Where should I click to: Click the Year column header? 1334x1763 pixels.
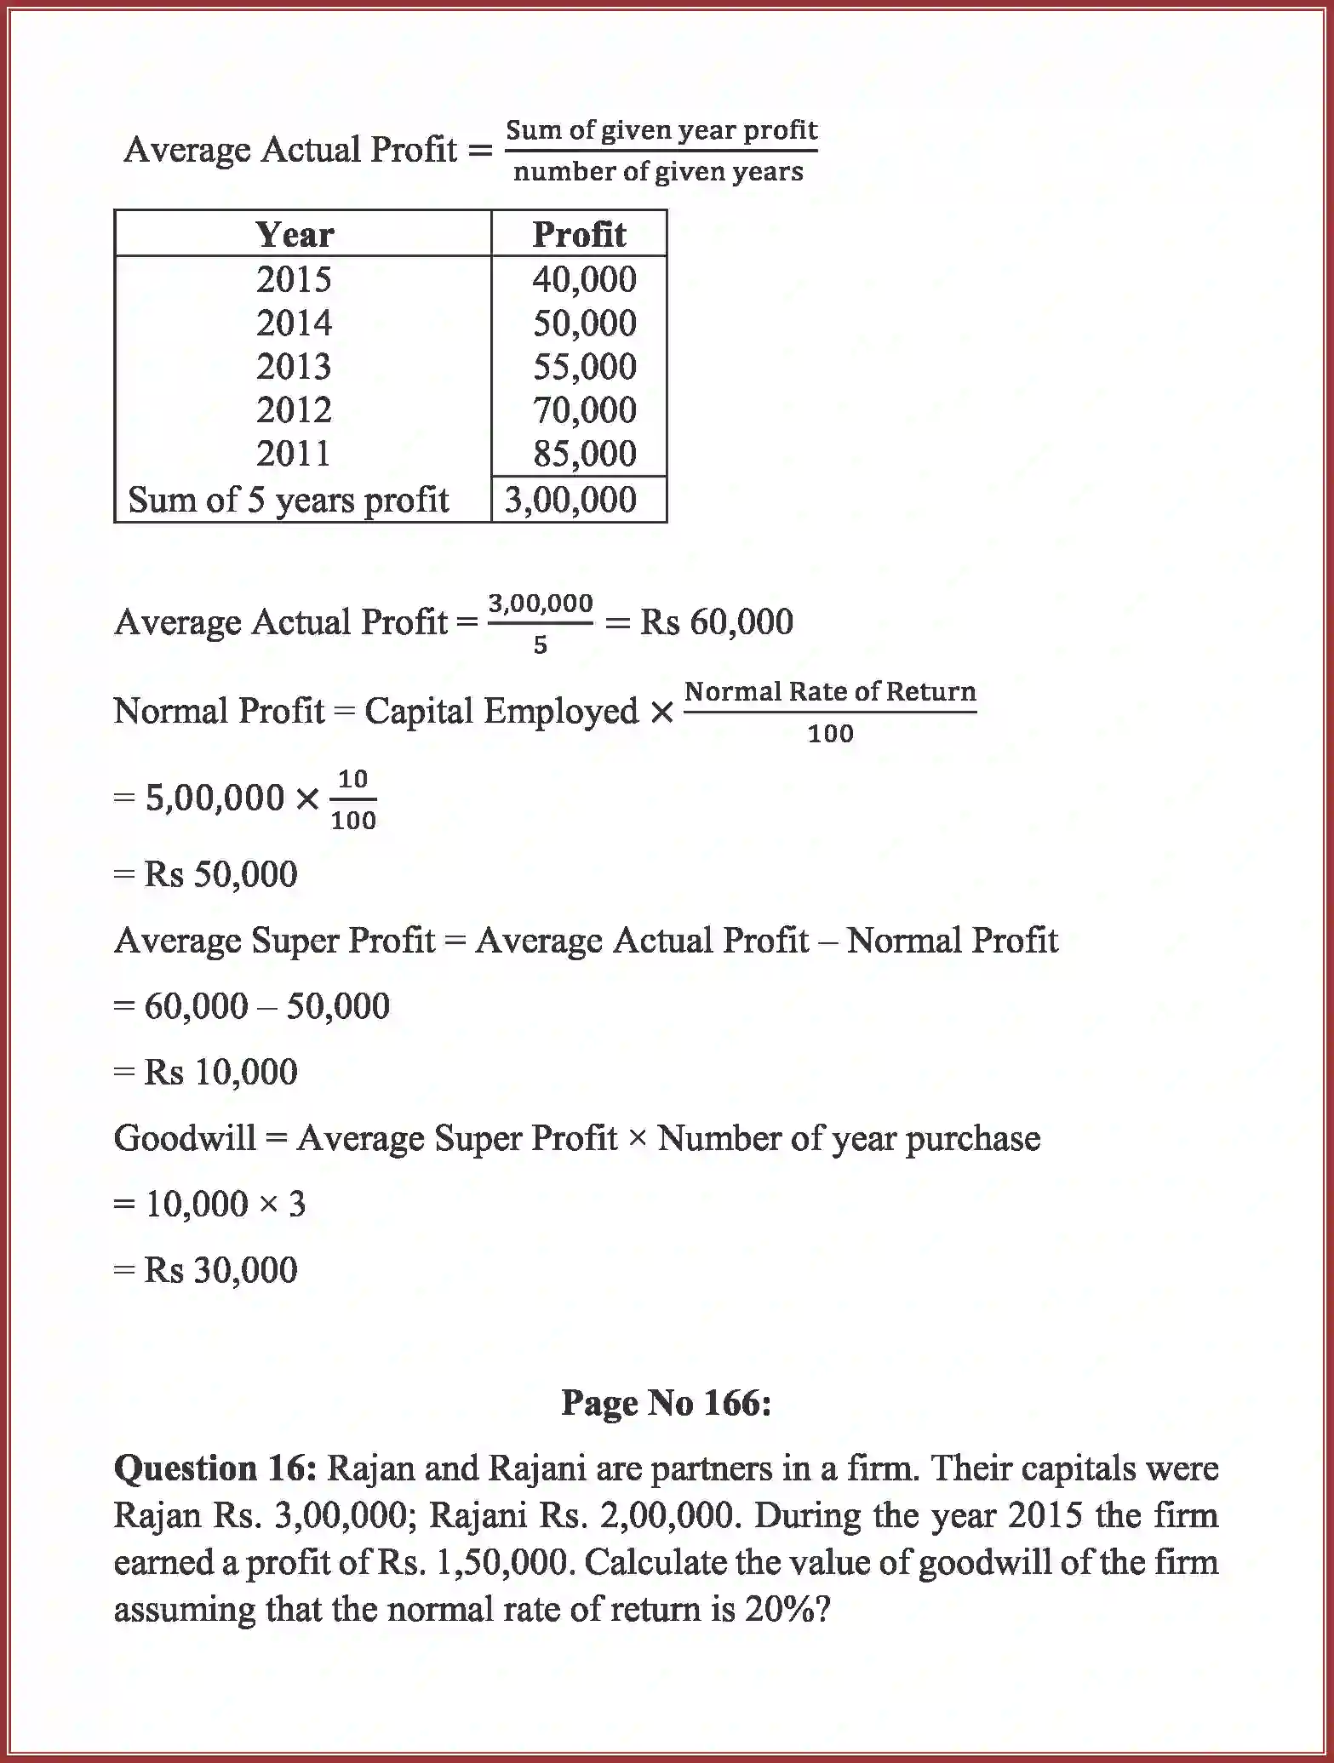coord(295,234)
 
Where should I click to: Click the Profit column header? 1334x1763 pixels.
coord(579,234)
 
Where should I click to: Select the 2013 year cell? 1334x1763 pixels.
coord(294,366)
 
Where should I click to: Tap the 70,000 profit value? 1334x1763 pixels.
coord(584,409)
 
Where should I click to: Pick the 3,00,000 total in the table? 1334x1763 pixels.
coord(570,500)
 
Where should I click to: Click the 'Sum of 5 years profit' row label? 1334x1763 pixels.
coord(288,500)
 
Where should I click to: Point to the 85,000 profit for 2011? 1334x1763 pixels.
coord(584,454)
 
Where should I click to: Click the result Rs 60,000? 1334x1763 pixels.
coord(716,622)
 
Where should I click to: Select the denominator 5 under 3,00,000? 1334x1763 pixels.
coord(541,645)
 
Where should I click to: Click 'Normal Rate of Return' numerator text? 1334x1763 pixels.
coord(830,691)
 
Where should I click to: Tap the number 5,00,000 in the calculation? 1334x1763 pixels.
coord(215,799)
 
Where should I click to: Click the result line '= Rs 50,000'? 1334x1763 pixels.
coord(206,874)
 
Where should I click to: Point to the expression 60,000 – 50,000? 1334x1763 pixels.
coord(266,1006)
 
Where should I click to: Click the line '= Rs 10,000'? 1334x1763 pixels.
coord(206,1072)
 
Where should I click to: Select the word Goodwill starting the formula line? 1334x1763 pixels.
coord(185,1138)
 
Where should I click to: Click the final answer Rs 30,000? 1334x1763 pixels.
coord(220,1270)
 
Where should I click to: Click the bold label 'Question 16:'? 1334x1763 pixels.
coord(215,1468)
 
